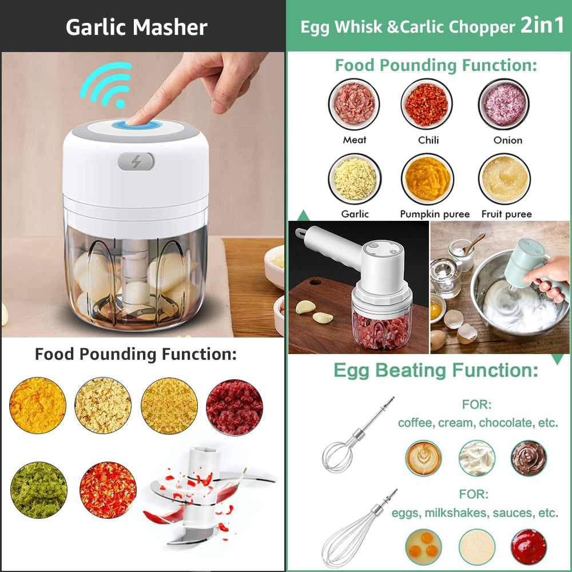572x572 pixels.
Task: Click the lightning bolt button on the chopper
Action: [x=136, y=161]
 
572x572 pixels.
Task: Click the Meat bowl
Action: [x=355, y=104]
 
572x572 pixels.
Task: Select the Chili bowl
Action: [x=427, y=104]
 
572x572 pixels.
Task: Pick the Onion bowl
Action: [x=505, y=104]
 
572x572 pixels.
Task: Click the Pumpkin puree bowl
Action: [x=427, y=179]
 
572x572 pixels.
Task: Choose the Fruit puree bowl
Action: [x=505, y=179]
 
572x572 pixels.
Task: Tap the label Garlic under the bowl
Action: [x=355, y=214]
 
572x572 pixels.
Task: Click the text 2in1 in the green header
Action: [x=542, y=26]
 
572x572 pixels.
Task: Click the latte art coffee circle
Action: [x=424, y=458]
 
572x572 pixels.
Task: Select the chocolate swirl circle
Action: [x=529, y=458]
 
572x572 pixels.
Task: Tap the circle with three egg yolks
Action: [x=424, y=547]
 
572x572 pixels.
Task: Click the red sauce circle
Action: [x=529, y=547]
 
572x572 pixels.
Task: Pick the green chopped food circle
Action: [x=39, y=490]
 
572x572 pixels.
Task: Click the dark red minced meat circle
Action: [x=235, y=407]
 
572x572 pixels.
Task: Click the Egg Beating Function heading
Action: [x=436, y=371]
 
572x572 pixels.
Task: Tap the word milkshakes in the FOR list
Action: [x=462, y=513]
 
